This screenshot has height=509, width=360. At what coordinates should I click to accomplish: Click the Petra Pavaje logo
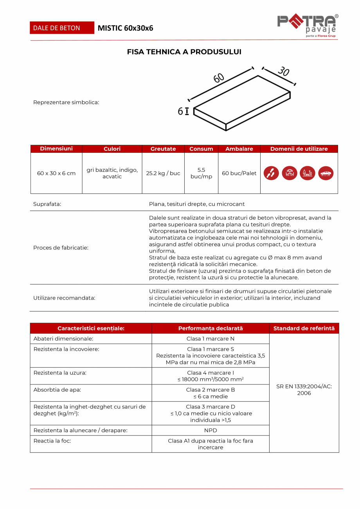pos(308,26)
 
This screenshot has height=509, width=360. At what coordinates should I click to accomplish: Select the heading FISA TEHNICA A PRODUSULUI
pos(184,52)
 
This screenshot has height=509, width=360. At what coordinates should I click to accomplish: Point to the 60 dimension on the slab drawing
pos(219,78)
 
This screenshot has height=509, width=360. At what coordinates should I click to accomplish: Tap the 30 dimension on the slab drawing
pos(283,71)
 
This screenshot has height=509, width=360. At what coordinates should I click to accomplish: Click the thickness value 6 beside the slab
pos(180,112)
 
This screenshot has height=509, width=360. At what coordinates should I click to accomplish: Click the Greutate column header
pos(163,149)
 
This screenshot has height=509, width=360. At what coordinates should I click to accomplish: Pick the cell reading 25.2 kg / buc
pos(163,173)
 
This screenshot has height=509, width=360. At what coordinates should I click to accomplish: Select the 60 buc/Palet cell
pos(239,173)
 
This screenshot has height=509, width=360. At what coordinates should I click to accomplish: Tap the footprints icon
pos(271,173)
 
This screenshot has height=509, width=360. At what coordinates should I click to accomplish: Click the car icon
pos(326,173)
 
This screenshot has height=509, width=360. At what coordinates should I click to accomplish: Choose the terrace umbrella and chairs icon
pos(289,173)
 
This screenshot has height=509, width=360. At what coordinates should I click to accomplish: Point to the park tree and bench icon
pos(308,173)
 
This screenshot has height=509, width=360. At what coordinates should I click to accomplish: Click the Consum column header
pos(201,149)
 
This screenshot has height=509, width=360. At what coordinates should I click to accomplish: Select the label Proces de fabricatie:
pos(61,247)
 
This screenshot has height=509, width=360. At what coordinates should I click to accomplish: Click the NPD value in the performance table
pos(211,430)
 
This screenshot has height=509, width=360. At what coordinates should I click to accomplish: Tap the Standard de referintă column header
pos(304,328)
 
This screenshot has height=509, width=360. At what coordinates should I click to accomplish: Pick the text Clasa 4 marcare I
pos(211,373)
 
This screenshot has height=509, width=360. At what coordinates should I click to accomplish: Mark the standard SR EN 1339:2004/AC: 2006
pos(304,390)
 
